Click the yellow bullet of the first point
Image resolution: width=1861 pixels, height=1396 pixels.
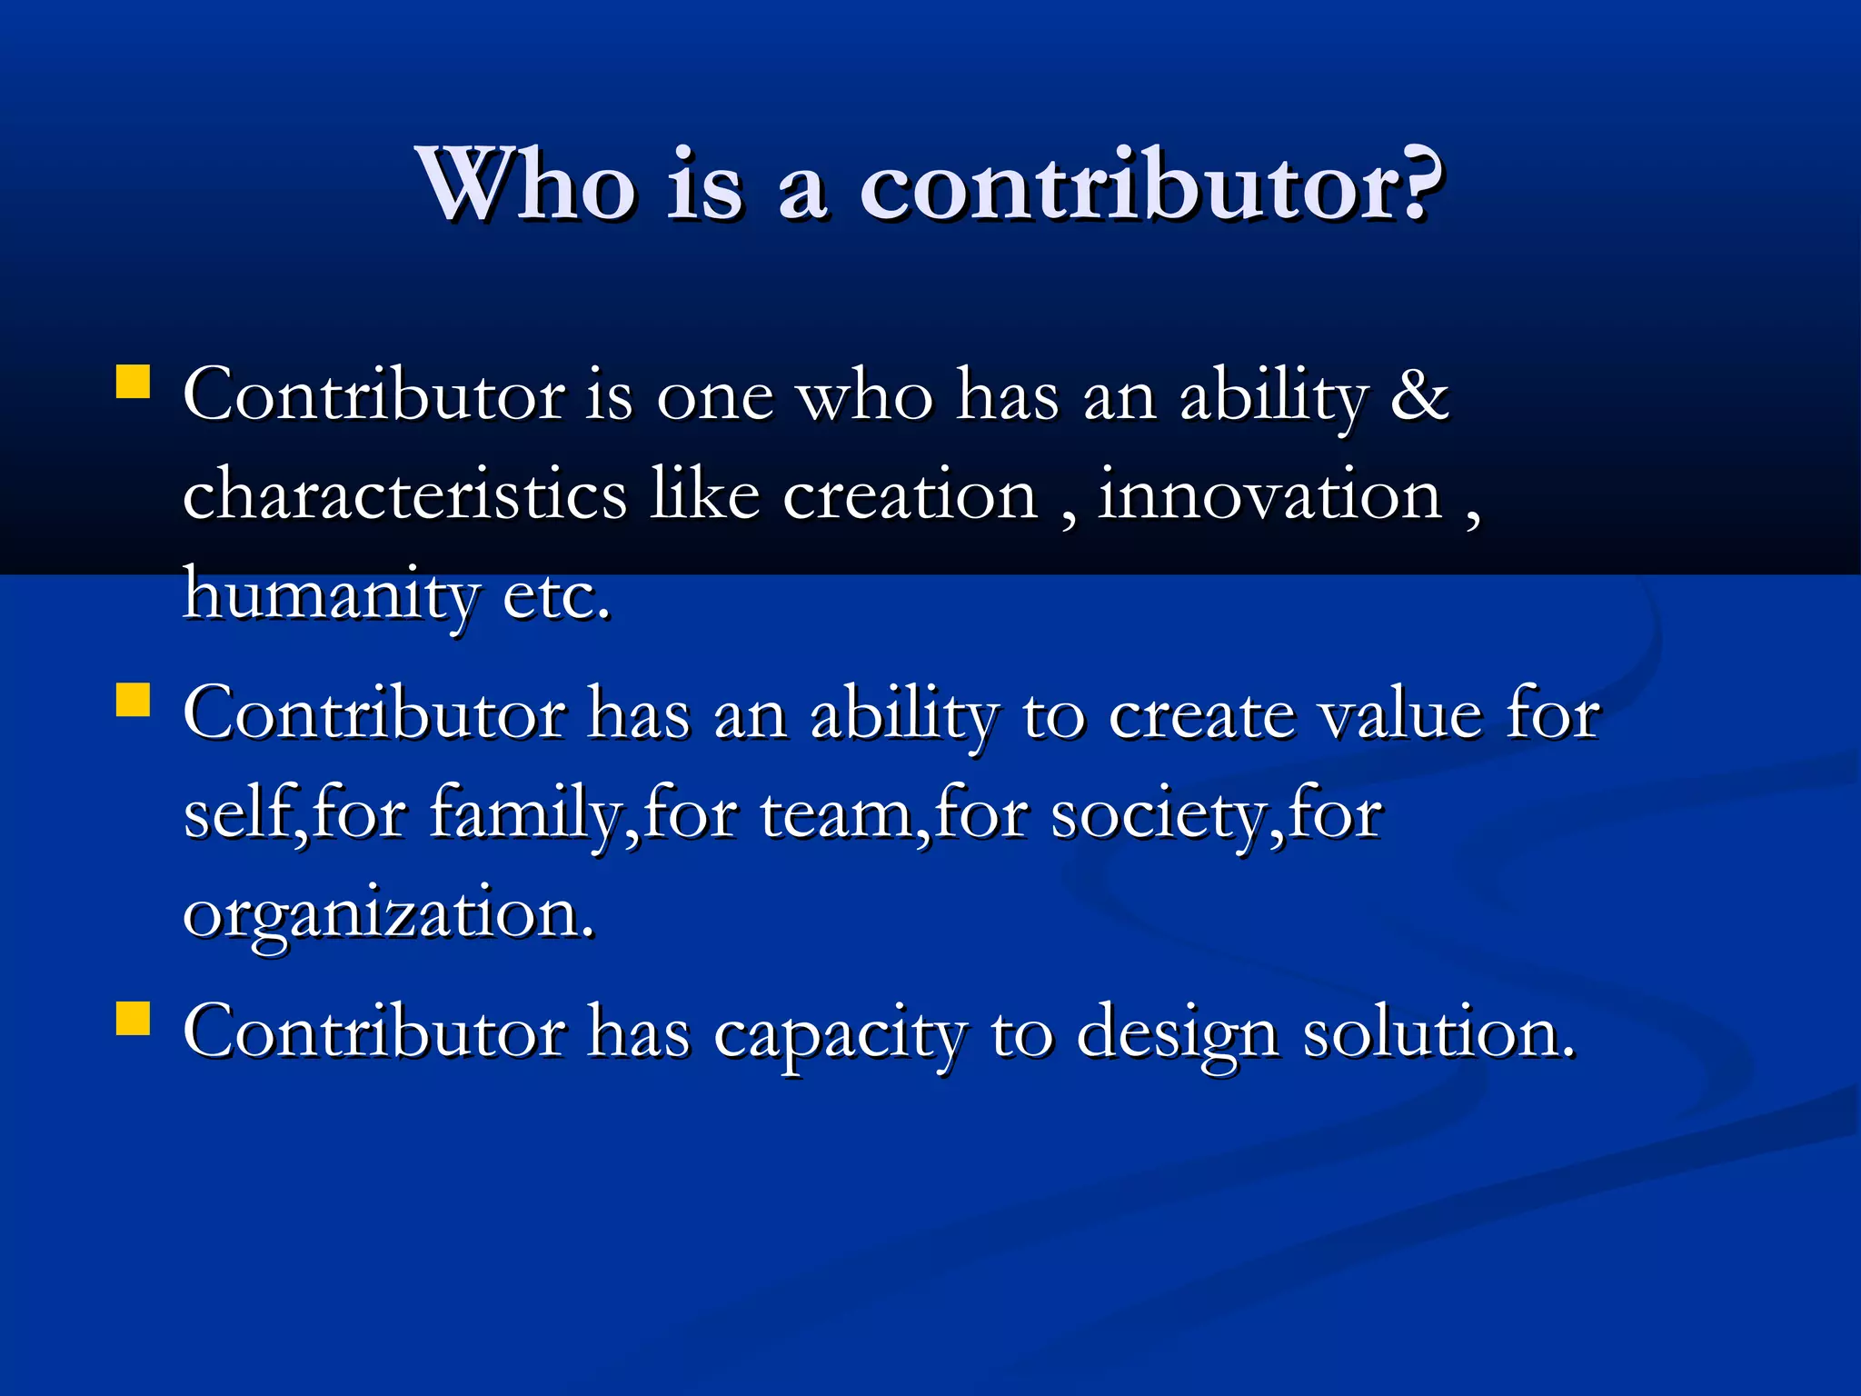133,383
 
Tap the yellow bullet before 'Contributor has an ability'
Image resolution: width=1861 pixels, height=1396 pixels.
133,701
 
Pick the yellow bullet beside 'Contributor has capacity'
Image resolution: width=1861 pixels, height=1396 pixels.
133,1019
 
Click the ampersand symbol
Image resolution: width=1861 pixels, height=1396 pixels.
1419,396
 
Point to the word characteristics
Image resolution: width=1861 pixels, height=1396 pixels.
404,494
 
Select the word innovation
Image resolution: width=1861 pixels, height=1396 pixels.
1269,496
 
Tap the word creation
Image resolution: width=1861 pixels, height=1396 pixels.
910,496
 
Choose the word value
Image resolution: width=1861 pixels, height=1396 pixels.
1400,714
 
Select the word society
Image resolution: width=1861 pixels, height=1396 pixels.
1156,814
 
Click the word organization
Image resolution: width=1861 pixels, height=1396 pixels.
388,914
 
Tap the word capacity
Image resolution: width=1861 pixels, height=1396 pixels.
841,1034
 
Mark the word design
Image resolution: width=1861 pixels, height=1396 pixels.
1178,1034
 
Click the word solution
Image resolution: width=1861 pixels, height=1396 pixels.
1438,1032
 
